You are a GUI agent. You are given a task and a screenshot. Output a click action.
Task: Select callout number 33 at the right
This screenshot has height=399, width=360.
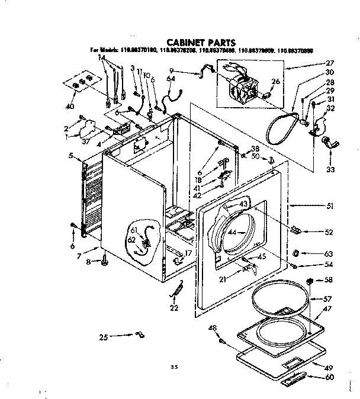click(330, 169)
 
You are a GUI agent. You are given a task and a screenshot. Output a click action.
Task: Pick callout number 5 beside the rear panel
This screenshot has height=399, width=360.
click(70, 156)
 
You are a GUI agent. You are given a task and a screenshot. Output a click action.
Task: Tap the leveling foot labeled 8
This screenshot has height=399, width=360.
click(105, 258)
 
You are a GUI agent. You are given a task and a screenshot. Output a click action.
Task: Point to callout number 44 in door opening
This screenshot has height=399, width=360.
click(232, 232)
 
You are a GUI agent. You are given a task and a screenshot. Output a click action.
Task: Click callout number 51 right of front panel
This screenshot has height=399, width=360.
click(330, 207)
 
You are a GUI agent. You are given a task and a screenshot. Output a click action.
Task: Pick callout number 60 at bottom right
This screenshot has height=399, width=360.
click(330, 378)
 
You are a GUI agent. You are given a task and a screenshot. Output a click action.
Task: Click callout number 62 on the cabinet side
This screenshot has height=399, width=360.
click(131, 239)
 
